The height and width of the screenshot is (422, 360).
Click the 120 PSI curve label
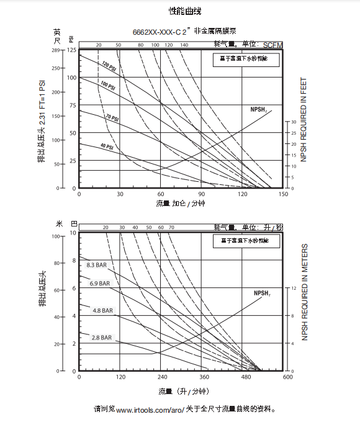point(109,66)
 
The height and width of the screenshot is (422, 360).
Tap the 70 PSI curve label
point(112,117)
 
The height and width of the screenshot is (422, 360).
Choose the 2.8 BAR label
point(102,338)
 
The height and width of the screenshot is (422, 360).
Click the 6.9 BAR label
point(99,284)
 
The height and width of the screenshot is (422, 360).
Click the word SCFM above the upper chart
point(272,45)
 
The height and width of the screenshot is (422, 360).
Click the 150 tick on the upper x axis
point(283,194)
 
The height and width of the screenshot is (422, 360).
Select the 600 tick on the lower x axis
point(287,377)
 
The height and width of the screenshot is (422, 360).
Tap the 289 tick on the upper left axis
point(72,50)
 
